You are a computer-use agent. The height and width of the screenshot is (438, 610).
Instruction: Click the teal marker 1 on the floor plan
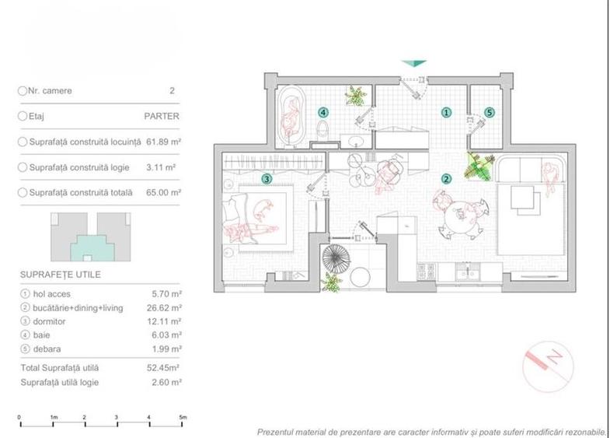pos(446,112)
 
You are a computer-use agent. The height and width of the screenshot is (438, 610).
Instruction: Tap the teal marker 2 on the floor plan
pos(446,178)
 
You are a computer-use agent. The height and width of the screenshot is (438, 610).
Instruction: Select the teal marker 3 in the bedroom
pos(267,179)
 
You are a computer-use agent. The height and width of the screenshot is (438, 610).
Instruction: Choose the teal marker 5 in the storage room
pos(489,112)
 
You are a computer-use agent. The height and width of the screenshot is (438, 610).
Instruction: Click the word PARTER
pos(162,117)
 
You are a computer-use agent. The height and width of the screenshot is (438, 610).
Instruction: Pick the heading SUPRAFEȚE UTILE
pos(61,275)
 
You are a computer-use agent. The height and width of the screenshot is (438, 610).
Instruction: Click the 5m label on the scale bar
pos(183,418)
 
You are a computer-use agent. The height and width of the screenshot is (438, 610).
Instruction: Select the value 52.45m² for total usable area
pos(165,366)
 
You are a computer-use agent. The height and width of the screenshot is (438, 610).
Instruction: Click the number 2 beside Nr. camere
pos(172,91)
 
